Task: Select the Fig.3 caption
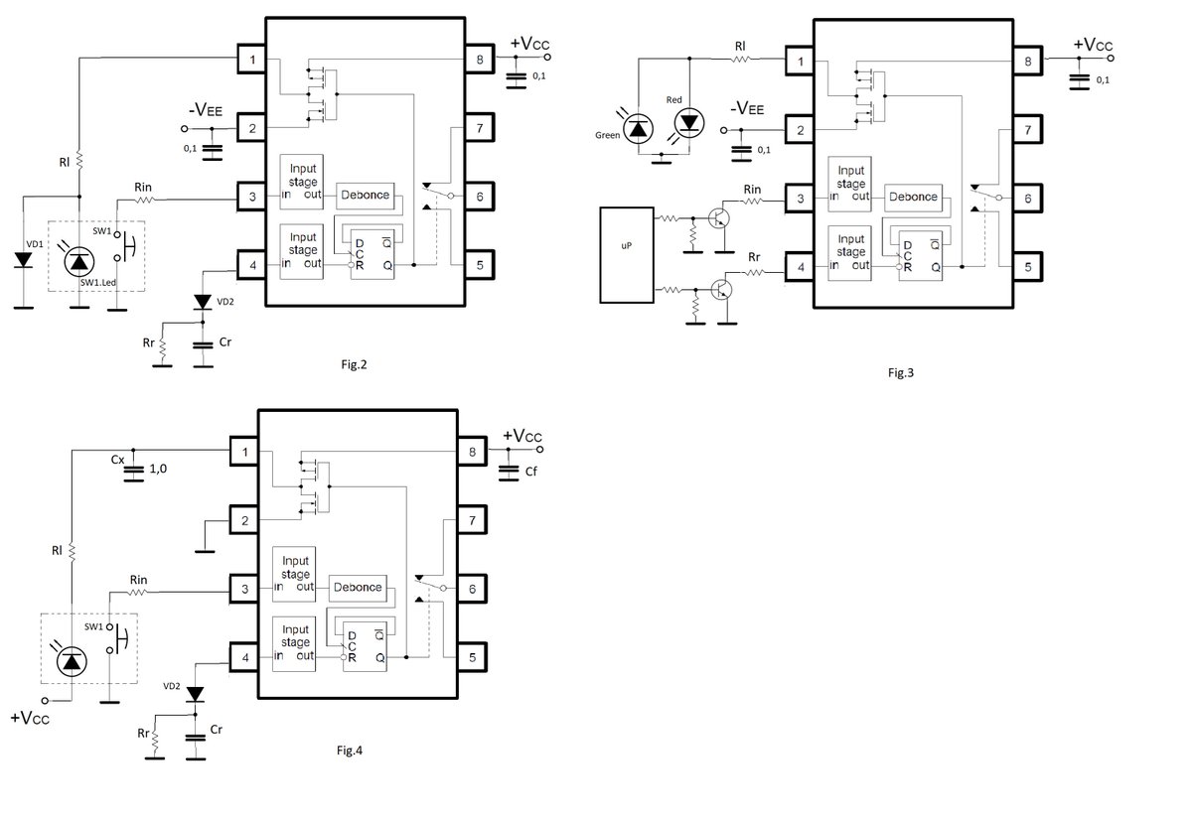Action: pyautogui.click(x=900, y=373)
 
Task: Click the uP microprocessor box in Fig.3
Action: pyautogui.click(x=626, y=254)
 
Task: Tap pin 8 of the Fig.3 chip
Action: pyautogui.click(x=1027, y=62)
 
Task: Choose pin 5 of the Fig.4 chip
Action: pyautogui.click(x=473, y=656)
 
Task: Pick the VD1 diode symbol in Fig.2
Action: pyautogui.click(x=23, y=259)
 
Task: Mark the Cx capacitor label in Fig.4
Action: pyautogui.click(x=117, y=460)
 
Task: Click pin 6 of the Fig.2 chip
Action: pyautogui.click(x=480, y=197)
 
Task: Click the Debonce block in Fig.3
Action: pyautogui.click(x=914, y=196)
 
